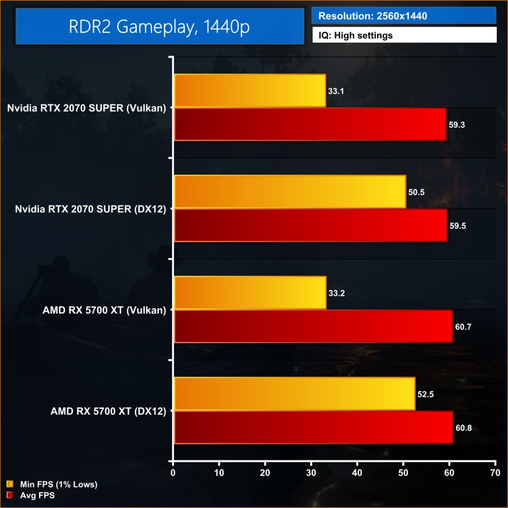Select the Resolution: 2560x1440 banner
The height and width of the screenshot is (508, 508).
pos(403,15)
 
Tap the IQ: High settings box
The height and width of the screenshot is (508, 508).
pos(403,35)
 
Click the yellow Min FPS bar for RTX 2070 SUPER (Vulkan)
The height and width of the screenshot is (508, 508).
pos(250,91)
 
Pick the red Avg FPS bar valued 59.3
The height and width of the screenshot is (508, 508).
pos(310,124)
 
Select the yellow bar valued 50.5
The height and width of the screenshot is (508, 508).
pos(290,192)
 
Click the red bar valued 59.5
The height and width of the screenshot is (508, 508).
pos(311,226)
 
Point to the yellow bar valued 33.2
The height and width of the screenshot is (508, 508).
pos(250,293)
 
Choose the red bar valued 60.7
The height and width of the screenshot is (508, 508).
pos(314,326)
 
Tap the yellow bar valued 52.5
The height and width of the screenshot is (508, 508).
pos(294,394)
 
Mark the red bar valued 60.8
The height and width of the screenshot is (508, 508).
pos(314,427)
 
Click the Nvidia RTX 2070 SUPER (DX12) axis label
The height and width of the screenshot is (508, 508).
pos(91,208)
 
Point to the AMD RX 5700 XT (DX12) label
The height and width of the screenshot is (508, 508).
pos(108,411)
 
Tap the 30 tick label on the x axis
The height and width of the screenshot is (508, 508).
pos(311,473)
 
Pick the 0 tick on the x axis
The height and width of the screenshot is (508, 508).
pos(173,473)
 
